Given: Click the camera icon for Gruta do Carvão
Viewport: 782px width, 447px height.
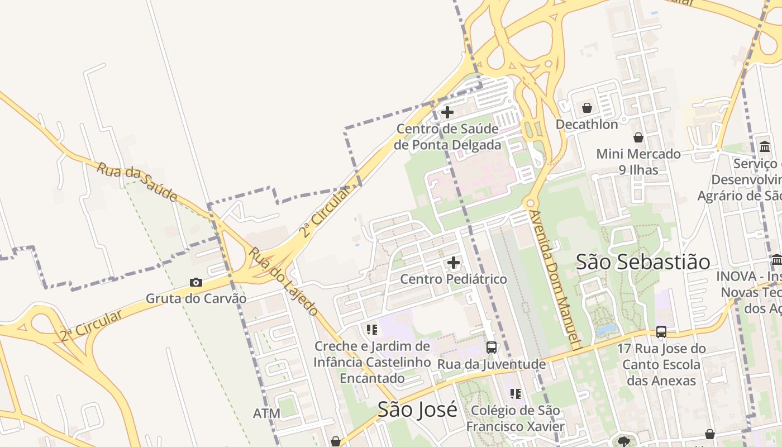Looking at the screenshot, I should point(195,282).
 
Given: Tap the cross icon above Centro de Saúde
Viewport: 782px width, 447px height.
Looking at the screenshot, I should point(447,112).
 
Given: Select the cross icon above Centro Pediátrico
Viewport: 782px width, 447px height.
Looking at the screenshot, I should point(454,262).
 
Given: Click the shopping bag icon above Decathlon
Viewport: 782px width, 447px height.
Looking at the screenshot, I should point(586,108).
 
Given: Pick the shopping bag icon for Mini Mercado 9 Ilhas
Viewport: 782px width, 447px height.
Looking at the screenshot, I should point(638,137).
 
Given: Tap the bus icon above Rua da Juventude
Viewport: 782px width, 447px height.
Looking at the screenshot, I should point(492,347).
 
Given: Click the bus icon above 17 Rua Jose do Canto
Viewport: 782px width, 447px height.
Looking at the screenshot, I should point(661,332).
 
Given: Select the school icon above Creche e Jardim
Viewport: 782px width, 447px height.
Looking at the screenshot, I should point(372,330).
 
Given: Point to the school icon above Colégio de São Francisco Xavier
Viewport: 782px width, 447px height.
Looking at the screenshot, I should point(515,394).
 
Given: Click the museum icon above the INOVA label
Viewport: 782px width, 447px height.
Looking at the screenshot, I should point(776,260).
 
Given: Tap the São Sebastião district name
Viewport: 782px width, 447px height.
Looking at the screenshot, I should point(643,261).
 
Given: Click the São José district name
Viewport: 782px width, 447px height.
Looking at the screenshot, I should point(417,410).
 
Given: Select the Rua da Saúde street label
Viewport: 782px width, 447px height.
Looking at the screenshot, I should point(137,182).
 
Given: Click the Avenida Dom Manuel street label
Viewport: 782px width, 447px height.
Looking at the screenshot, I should point(555,279).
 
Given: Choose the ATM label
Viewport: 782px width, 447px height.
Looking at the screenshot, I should point(266,413).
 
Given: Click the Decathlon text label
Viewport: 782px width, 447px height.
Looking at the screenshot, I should point(586,124).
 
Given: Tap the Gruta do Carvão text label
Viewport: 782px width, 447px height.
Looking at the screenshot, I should point(196,298).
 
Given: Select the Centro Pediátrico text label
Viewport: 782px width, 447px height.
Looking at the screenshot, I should point(454,279).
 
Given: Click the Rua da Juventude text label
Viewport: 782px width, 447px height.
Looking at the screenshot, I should point(491,364).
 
